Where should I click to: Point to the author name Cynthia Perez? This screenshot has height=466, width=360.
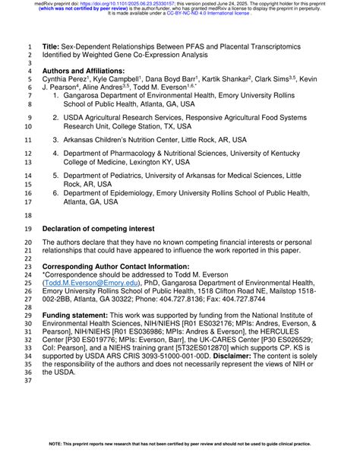click(65, 79)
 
